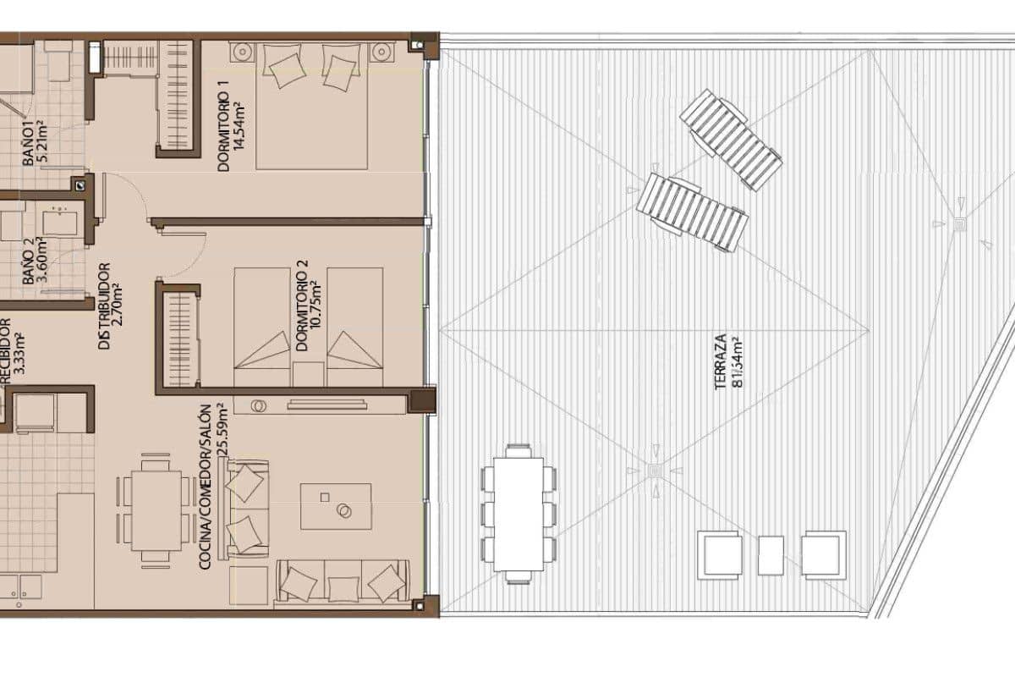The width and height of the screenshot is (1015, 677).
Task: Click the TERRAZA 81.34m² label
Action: [728, 361]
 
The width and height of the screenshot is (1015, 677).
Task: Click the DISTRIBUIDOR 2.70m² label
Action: [111, 306]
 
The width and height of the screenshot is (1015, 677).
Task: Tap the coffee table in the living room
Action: [336, 506]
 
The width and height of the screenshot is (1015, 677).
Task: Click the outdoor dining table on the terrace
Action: [518, 514]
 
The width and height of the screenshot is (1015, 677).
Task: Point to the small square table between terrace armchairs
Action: [771, 555]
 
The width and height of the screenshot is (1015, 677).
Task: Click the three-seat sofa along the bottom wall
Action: [343, 583]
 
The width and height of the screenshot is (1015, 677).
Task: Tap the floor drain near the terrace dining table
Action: [655, 471]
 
